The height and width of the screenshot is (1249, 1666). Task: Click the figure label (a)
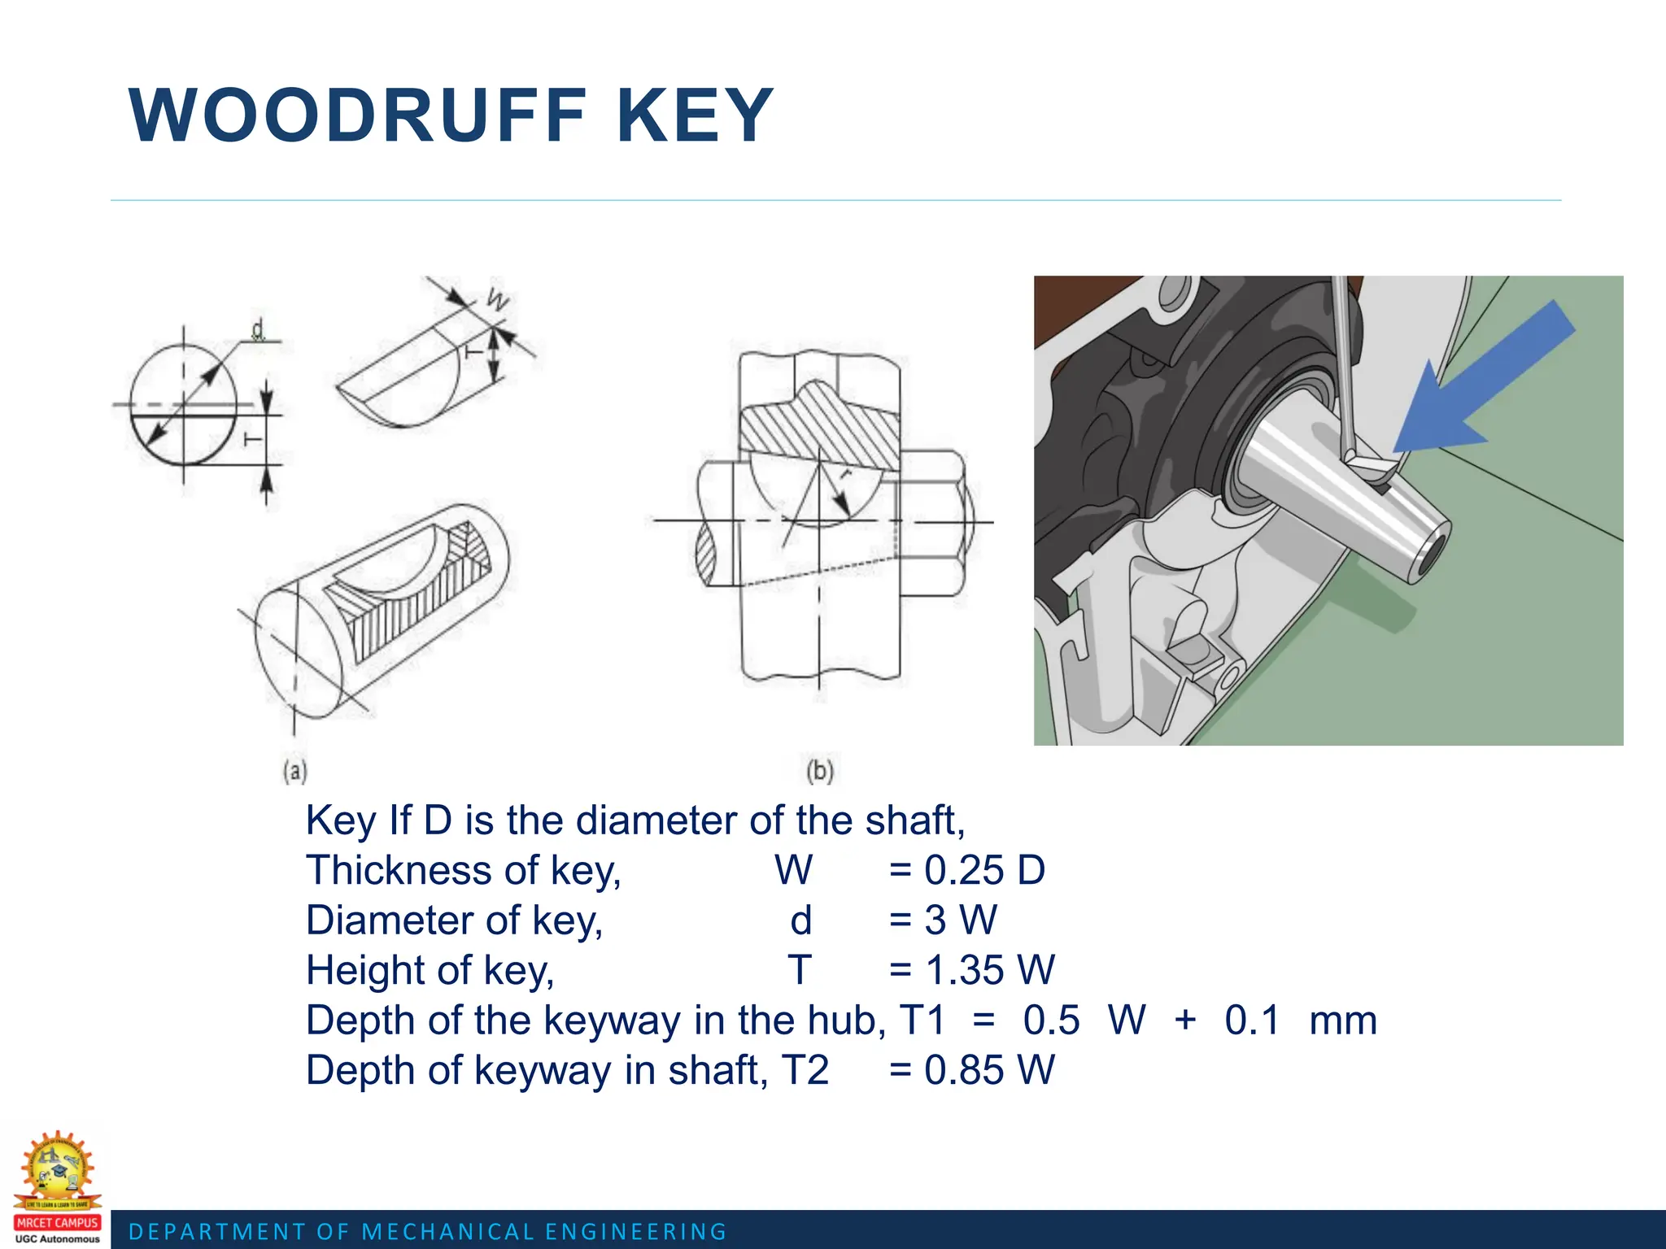[294, 770]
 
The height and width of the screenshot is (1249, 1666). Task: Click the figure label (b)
[819, 770]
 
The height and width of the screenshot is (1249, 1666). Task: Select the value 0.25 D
[983, 870]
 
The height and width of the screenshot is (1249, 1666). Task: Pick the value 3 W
[959, 920]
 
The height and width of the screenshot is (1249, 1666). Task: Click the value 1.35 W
[988, 970]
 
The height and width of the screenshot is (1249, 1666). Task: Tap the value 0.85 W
[988, 1070]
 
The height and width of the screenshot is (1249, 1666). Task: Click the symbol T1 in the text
[922, 1021]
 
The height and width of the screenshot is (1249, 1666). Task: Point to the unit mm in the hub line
[1343, 1021]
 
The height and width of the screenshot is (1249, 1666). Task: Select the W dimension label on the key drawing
[498, 300]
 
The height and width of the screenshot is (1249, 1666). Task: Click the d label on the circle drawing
[258, 330]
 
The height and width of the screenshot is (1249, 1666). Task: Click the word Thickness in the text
[397, 870]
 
